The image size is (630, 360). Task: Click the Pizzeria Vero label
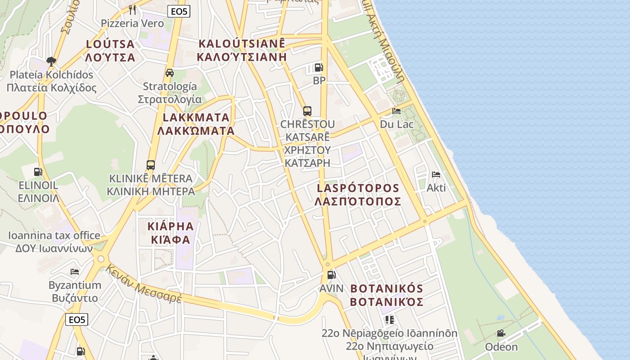[x=132, y=23]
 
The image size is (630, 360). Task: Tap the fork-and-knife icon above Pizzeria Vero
[x=132, y=9]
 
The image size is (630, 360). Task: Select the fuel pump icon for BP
[x=319, y=68]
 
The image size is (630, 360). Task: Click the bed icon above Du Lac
[x=396, y=111]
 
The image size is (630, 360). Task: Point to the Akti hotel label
[x=436, y=188]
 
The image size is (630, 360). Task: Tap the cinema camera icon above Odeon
[x=501, y=333]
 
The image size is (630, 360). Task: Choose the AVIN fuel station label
[x=331, y=288]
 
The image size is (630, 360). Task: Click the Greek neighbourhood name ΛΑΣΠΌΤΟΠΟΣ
[x=358, y=201]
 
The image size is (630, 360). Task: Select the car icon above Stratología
[x=170, y=73]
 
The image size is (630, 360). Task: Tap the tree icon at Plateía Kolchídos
[x=51, y=61]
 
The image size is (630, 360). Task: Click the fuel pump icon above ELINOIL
[x=38, y=171]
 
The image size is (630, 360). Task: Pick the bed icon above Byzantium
[x=75, y=272]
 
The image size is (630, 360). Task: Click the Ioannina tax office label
[x=54, y=235]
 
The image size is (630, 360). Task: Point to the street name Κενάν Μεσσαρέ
[x=144, y=284]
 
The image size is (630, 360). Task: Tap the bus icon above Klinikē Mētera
[x=151, y=165]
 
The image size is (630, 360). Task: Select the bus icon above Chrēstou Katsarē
[x=307, y=111]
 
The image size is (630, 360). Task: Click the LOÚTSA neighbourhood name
[x=110, y=44]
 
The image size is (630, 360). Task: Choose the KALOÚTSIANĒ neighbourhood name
[x=242, y=44]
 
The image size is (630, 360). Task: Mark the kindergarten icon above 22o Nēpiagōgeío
[x=390, y=320]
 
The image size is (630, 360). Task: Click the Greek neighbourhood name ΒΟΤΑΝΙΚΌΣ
[x=387, y=301]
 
